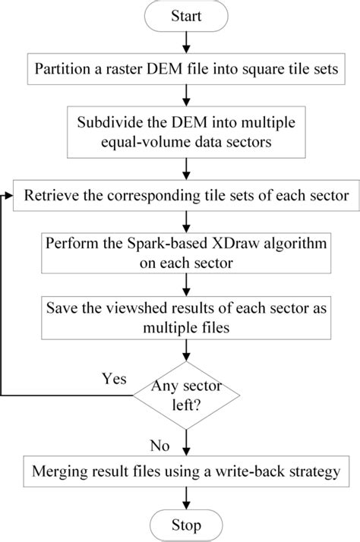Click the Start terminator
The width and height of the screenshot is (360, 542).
187,17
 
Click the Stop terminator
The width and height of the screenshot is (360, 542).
187,525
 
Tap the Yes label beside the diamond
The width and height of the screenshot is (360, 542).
114,377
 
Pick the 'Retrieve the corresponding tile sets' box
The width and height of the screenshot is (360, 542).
187,196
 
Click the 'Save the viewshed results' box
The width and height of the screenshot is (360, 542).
187,317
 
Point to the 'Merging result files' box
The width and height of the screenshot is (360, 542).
187,471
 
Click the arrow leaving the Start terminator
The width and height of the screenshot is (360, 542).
187,43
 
